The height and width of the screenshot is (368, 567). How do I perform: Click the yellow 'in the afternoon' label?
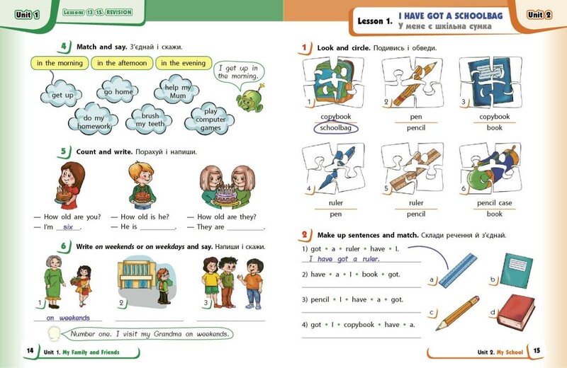coord(122,63)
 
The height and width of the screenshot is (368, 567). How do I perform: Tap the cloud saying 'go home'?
coord(118,91)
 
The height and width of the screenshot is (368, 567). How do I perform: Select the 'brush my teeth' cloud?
coord(149,120)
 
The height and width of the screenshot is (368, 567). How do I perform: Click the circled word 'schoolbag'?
coord(335,128)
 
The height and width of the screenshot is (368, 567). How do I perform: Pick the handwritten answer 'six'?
coord(67,226)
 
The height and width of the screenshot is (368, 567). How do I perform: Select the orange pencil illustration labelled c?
coord(458,313)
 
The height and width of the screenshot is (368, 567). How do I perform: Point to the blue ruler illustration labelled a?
coord(458,270)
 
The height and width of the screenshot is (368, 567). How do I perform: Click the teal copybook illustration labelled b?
coord(516,270)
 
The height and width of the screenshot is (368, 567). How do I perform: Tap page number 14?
coord(30,350)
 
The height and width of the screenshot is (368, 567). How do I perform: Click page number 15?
coord(537,350)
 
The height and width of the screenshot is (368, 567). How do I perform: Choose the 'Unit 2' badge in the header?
coord(539,15)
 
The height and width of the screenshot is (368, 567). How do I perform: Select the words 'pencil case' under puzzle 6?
coord(494,203)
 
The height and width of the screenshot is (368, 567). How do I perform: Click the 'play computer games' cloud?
coord(210,119)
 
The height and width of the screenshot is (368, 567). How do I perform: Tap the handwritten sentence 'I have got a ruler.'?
coord(344,258)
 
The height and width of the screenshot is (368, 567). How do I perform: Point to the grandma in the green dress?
coord(54,282)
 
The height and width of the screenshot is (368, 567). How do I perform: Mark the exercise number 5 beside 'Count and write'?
coord(63,151)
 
